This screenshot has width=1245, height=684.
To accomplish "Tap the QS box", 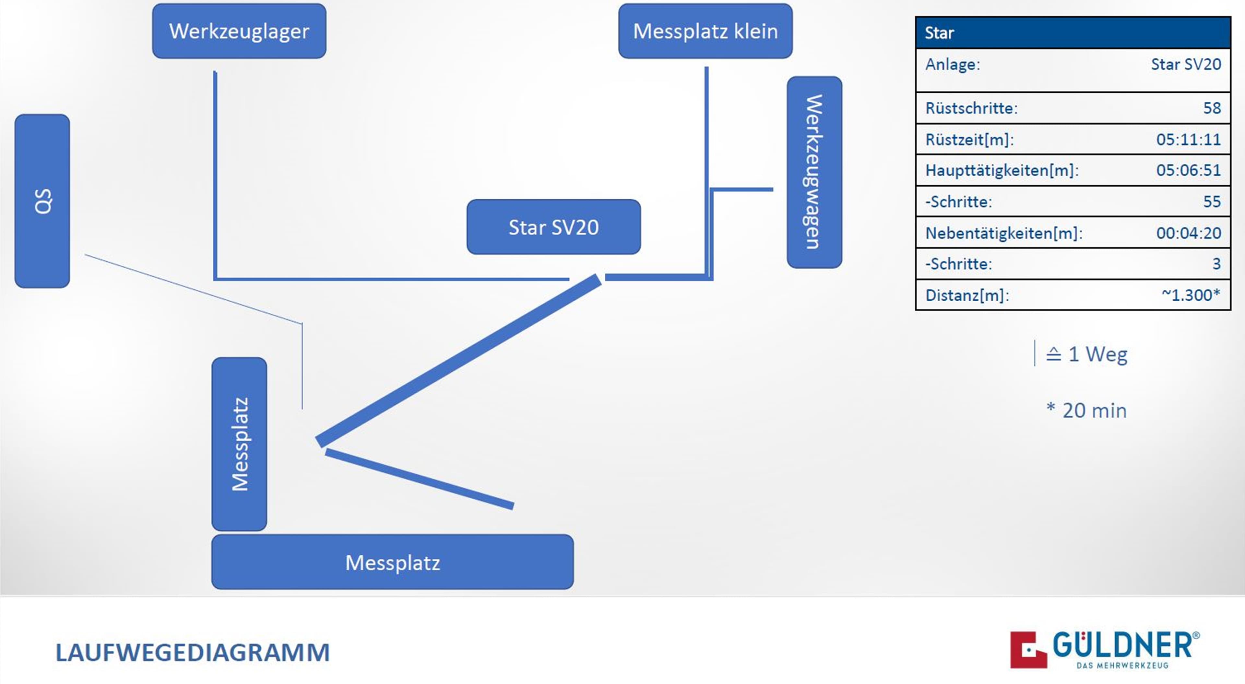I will [x=42, y=201].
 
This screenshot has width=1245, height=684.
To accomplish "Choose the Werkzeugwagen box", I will [x=814, y=172].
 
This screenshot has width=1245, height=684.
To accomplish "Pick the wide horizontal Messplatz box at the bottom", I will [x=392, y=562].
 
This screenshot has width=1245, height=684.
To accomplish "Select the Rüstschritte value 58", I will [x=1212, y=108].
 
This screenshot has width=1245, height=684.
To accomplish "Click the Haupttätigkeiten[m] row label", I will [x=1002, y=170].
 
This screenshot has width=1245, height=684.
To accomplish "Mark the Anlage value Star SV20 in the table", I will [x=1186, y=64].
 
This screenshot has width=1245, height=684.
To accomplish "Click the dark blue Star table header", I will [x=1073, y=33].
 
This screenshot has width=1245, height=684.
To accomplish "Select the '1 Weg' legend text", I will [x=1097, y=354].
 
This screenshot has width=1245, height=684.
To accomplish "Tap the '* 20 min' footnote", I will [x=1086, y=411].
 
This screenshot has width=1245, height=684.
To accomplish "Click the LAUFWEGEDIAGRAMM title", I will [x=192, y=653].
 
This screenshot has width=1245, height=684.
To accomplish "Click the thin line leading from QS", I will [x=193, y=289].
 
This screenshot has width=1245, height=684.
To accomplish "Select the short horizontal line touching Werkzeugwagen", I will [x=742, y=189].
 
